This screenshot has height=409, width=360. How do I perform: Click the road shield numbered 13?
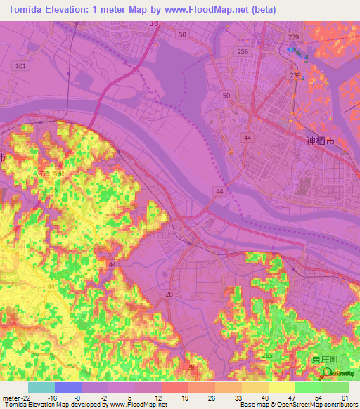tap(154, 24)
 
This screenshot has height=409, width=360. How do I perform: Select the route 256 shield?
tap(243, 52)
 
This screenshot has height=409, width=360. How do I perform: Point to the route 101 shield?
tap(20, 66)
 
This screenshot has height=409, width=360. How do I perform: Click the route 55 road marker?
tap(53, 190)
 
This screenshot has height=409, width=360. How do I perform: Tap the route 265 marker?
tap(267, 356)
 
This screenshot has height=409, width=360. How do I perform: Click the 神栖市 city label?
tap(323, 141)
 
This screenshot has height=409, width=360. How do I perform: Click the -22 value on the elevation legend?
tap(23, 398)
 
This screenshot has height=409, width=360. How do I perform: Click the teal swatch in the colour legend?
tap(41, 387)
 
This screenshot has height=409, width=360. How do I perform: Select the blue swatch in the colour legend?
tap(68, 387)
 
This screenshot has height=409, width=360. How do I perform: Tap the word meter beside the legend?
tap(9, 398)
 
